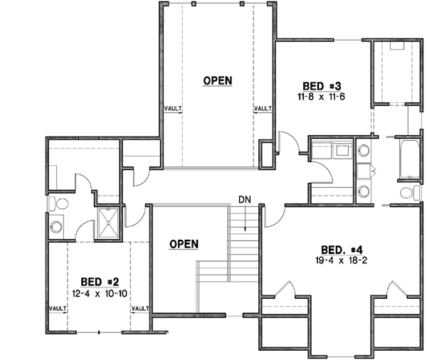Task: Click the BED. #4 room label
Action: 343,250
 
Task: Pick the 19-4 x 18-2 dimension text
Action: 343,260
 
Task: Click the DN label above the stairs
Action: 244,201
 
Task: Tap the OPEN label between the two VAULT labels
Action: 217,80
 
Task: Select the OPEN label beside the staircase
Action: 183,244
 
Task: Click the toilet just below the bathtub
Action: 408,193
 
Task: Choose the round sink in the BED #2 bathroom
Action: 57,228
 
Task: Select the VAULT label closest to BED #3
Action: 263,109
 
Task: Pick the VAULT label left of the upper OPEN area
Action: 173,109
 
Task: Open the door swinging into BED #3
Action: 283,142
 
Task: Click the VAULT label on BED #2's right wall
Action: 140,309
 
